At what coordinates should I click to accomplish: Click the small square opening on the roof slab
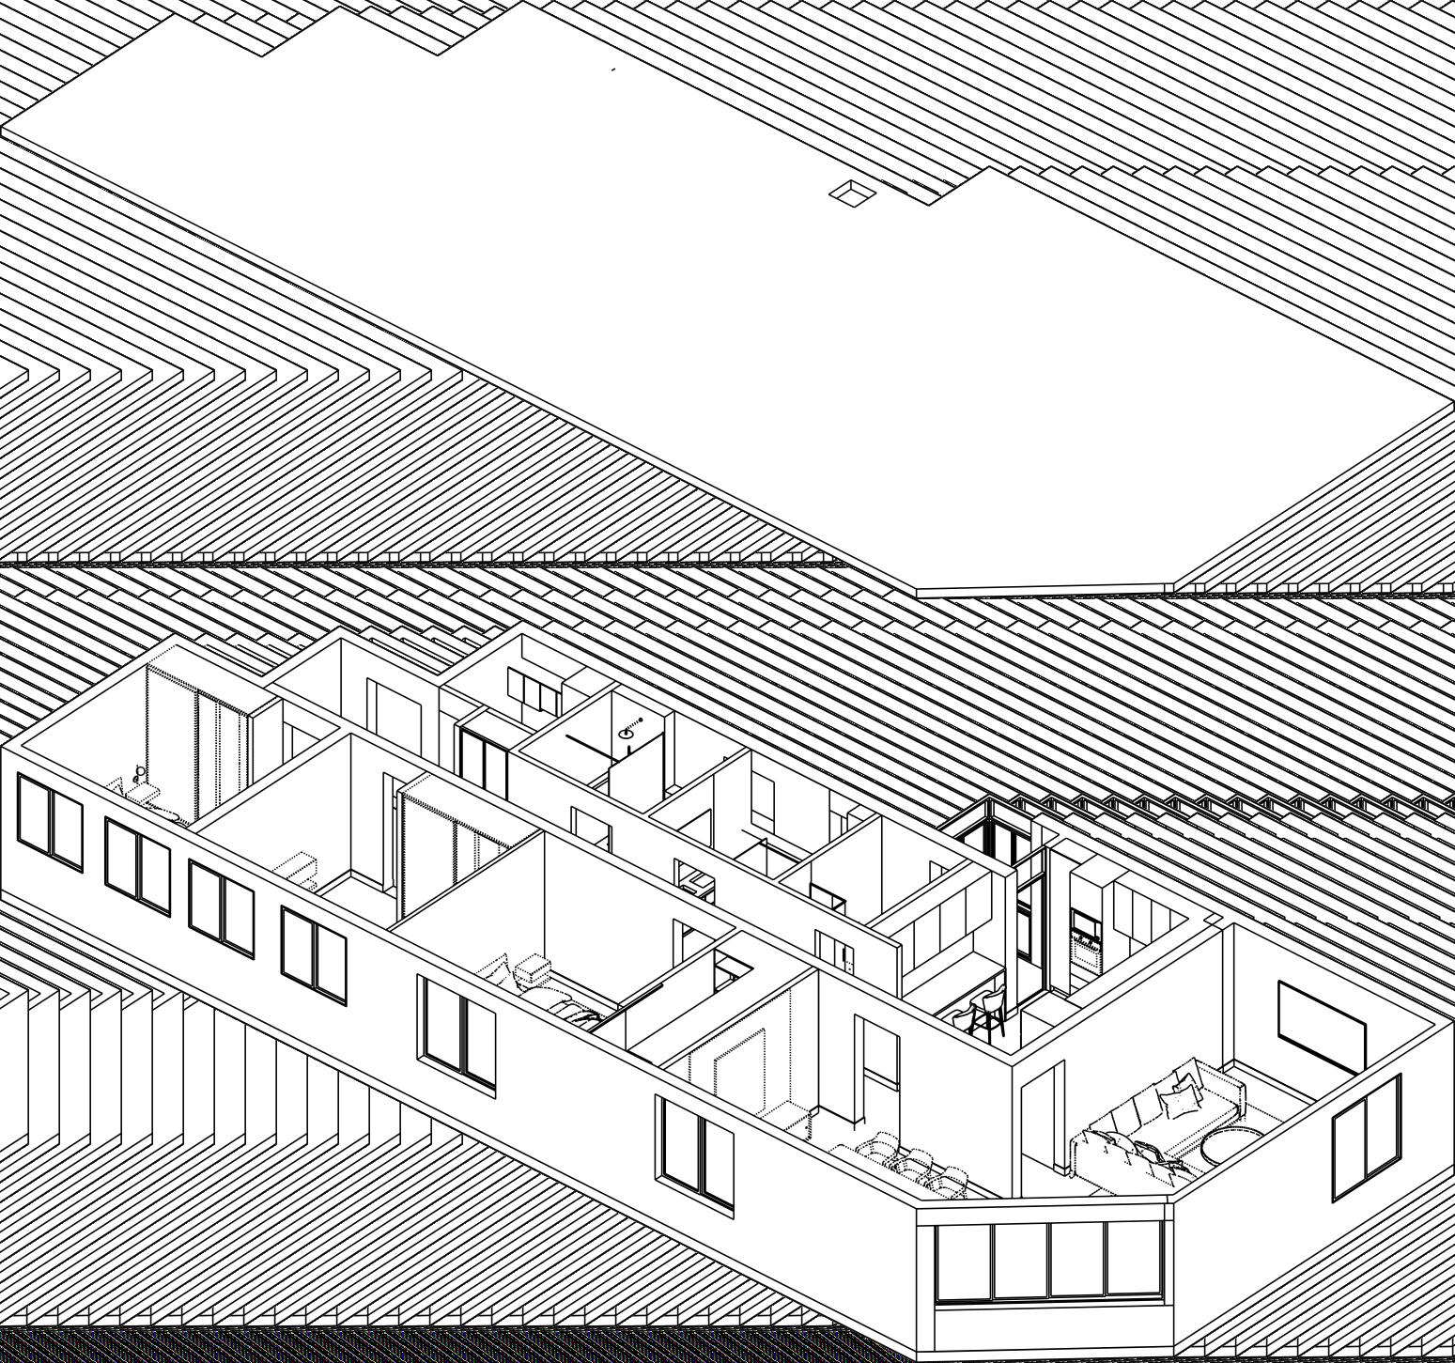click(853, 192)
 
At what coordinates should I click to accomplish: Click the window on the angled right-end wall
click(1367, 1138)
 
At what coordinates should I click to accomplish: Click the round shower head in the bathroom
click(627, 734)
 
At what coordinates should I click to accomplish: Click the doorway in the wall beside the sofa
click(1043, 1118)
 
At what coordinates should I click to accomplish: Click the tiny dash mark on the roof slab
click(613, 69)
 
